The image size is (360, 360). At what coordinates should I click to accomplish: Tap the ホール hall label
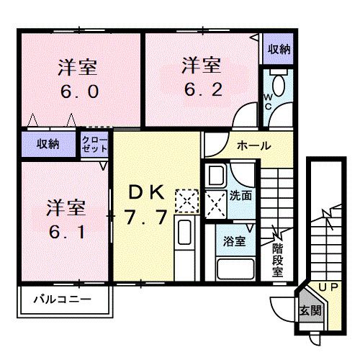pyautogui.click(x=253, y=145)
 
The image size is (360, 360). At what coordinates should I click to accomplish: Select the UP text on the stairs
pyautogui.click(x=327, y=288)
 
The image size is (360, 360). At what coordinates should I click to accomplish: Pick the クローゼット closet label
pyautogui.click(x=96, y=143)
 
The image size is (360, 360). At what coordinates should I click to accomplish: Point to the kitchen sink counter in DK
pyautogui.click(x=184, y=245)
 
